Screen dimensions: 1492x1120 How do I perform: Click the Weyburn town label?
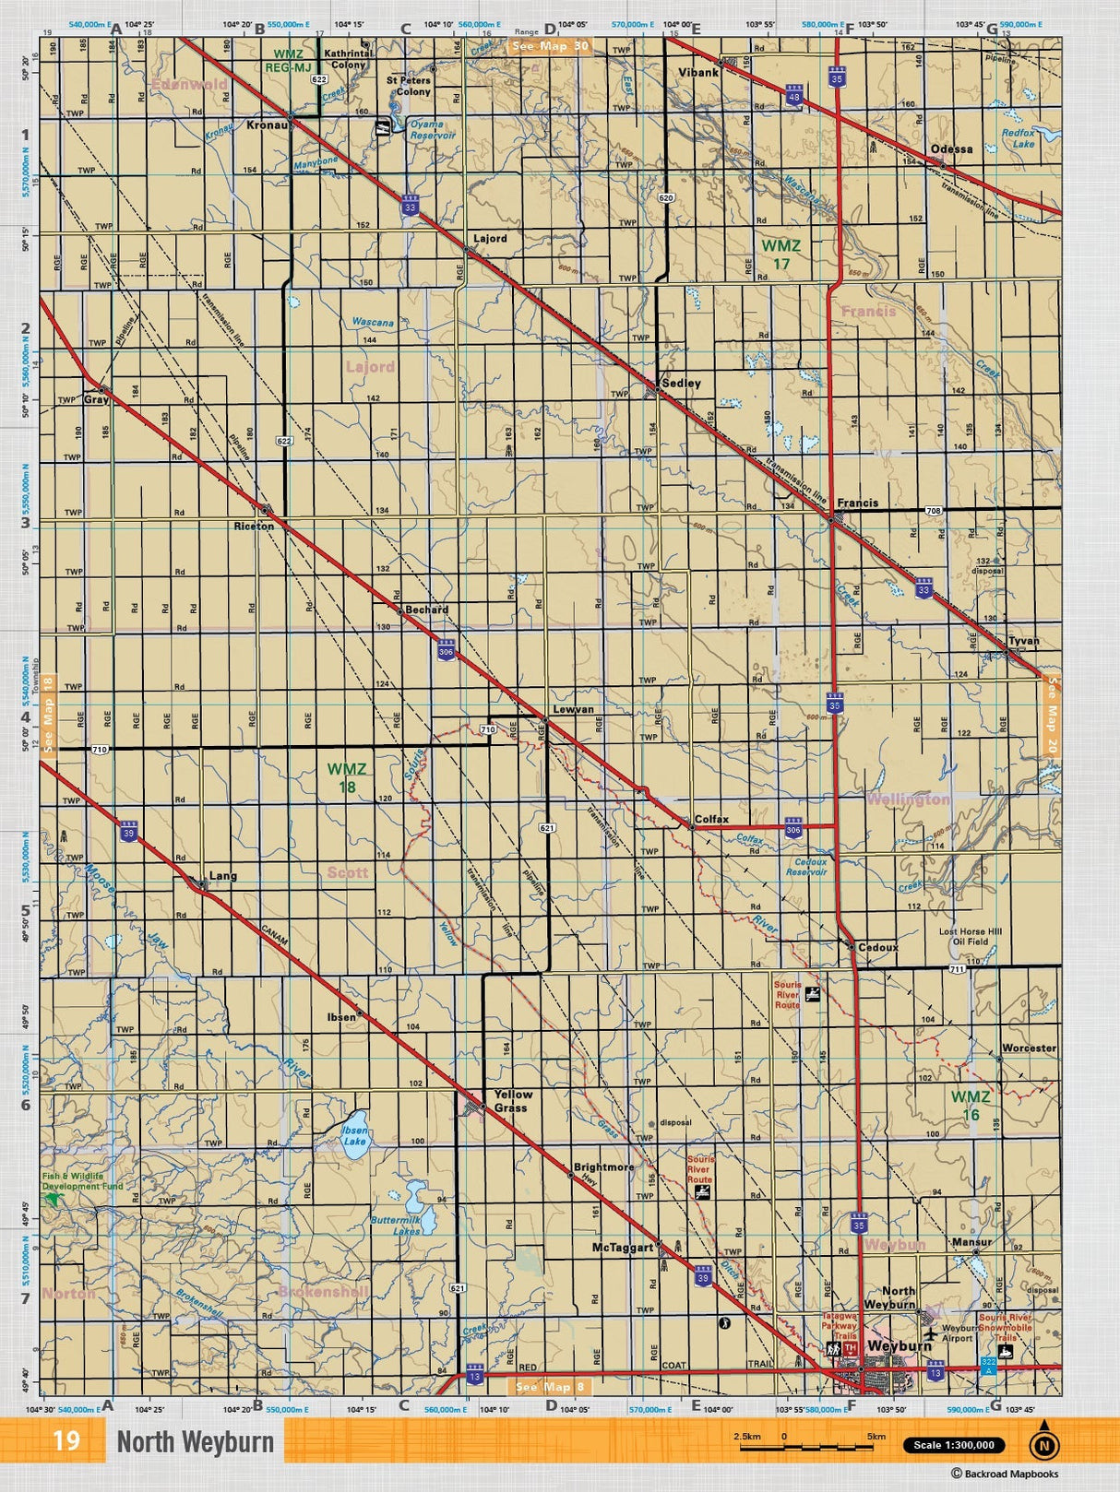click(x=899, y=1346)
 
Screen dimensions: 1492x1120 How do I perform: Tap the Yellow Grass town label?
click(x=513, y=1101)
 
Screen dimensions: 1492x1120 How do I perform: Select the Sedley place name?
click(x=681, y=383)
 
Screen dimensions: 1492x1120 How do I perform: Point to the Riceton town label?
click(x=254, y=526)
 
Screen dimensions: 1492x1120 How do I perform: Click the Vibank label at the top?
click(x=697, y=72)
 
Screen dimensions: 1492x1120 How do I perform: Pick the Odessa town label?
click(x=951, y=148)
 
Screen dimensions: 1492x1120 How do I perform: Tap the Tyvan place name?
click(x=1023, y=640)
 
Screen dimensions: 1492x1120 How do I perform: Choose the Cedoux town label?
click(x=877, y=947)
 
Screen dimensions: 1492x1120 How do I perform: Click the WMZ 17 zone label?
click(x=780, y=255)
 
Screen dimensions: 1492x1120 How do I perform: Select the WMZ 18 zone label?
click(x=347, y=777)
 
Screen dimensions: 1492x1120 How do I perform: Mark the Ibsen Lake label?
click(x=354, y=1135)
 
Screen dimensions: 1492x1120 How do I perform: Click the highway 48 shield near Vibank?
click(x=793, y=93)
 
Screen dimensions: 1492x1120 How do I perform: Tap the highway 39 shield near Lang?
click(x=128, y=832)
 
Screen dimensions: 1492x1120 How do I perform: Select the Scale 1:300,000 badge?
click(x=953, y=1445)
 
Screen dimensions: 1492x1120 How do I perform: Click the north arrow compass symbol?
click(x=1043, y=1443)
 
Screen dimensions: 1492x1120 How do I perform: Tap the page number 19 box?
click(x=66, y=1441)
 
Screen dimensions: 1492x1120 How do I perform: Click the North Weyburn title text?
click(x=195, y=1442)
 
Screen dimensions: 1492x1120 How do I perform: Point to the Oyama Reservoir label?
click(x=432, y=129)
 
